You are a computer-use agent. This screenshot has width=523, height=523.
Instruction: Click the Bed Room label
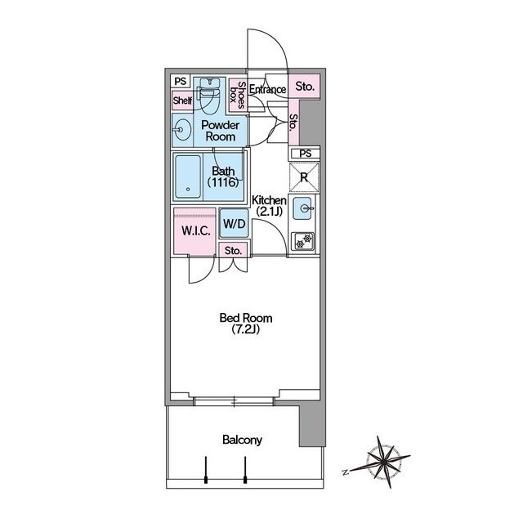point(246,324)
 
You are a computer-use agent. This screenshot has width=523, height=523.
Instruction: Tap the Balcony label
point(242,440)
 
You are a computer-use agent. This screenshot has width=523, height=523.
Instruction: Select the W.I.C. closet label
point(196,230)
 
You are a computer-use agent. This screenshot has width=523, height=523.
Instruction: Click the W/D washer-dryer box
point(235,223)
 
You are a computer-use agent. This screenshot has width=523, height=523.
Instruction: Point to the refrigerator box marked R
point(304,177)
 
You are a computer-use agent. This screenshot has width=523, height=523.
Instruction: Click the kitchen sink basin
point(302,208)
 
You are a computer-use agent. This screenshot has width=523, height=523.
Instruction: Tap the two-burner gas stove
point(303,242)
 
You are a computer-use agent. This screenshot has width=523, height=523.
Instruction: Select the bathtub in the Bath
point(188,177)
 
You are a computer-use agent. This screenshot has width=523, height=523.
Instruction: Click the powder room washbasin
point(182,129)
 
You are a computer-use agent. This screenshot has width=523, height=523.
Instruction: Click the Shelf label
point(182,100)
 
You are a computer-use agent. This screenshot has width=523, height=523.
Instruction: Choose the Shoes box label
point(238,95)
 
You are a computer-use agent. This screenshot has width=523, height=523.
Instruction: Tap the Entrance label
point(267,89)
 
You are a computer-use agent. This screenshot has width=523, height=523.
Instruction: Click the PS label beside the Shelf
point(181,81)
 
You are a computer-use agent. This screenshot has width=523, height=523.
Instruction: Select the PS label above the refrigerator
point(305,154)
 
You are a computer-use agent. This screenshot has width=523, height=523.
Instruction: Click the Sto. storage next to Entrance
point(305,87)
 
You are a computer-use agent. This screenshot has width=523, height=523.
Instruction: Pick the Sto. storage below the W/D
point(233,251)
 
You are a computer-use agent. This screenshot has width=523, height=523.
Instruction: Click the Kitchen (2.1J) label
point(269,205)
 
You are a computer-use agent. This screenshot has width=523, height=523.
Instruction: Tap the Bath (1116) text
point(223,177)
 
